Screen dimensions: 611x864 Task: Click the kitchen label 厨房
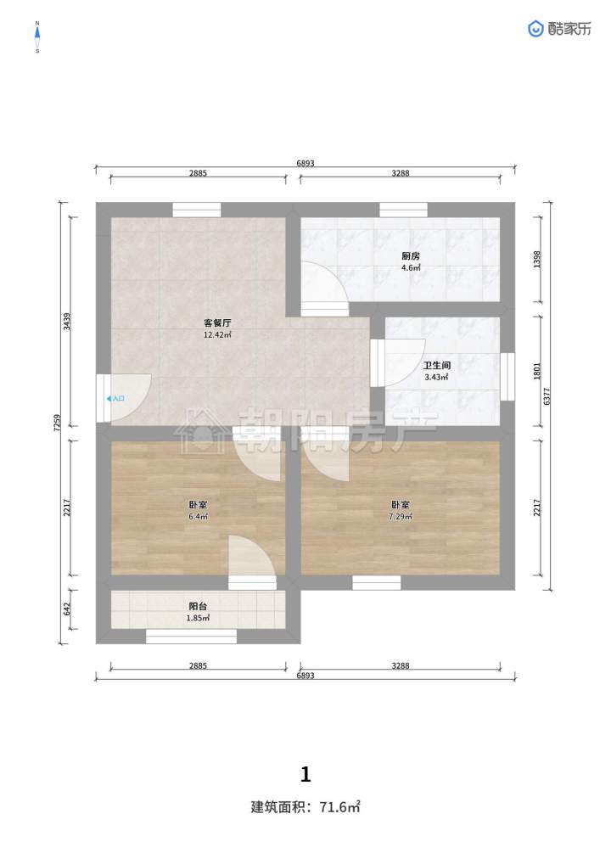tap(411, 256)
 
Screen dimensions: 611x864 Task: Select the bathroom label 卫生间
tap(436, 365)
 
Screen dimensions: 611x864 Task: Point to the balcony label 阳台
tap(198, 606)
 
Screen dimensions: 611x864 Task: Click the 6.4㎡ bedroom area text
tap(198, 517)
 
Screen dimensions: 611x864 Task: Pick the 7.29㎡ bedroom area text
tap(401, 517)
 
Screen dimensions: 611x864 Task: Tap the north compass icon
tap(37, 36)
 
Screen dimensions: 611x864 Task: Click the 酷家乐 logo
tap(560, 29)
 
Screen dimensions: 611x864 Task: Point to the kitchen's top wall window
tap(403, 210)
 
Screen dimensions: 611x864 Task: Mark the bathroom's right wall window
tap(507, 376)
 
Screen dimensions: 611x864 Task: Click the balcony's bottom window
tap(191, 637)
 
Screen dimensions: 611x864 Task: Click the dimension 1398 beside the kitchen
tap(538, 260)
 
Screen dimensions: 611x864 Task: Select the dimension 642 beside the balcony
tap(67, 609)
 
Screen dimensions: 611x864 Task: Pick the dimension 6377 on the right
tap(547, 396)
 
